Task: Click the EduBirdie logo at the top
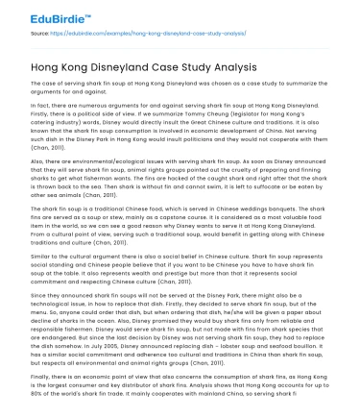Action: [39, 15]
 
